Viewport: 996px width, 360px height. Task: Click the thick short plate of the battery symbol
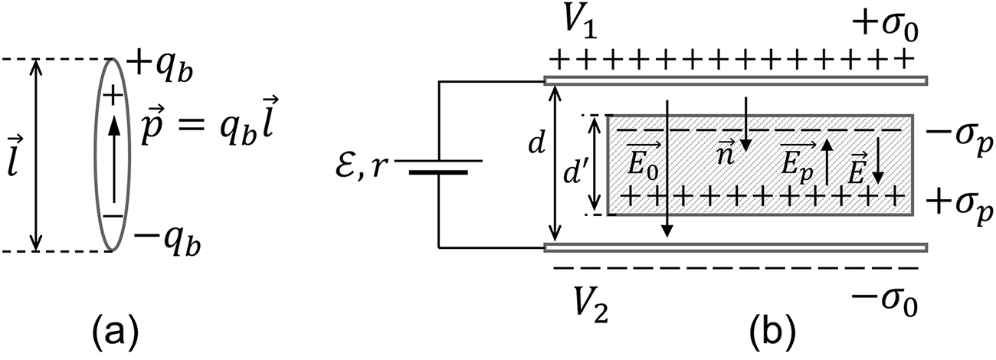click(438, 173)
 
